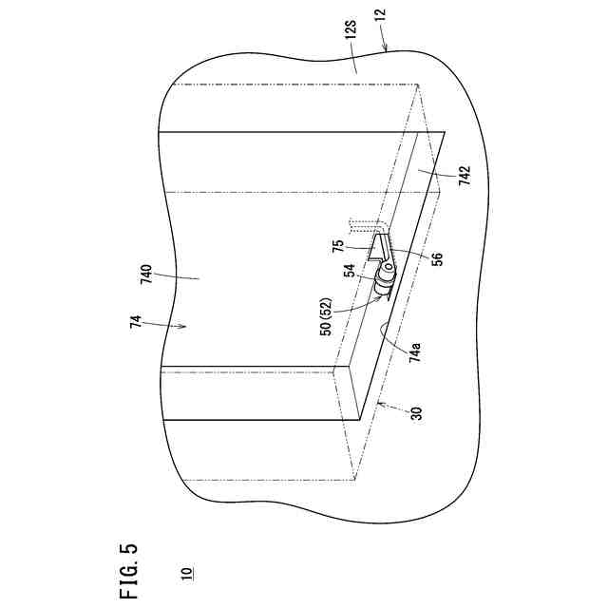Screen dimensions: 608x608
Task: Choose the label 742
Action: click(x=464, y=180)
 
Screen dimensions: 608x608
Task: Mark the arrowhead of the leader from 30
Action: click(x=377, y=406)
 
